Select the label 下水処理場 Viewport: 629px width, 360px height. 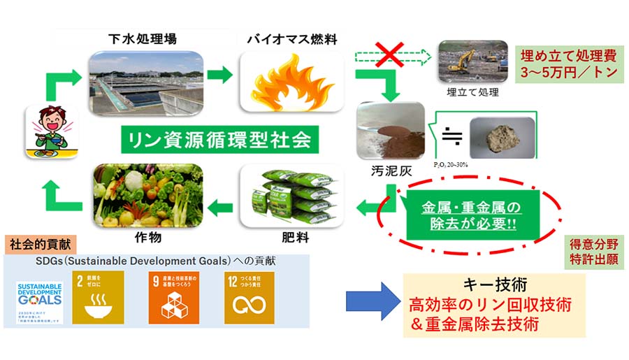[143, 38]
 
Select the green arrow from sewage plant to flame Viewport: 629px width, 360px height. [219, 74]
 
